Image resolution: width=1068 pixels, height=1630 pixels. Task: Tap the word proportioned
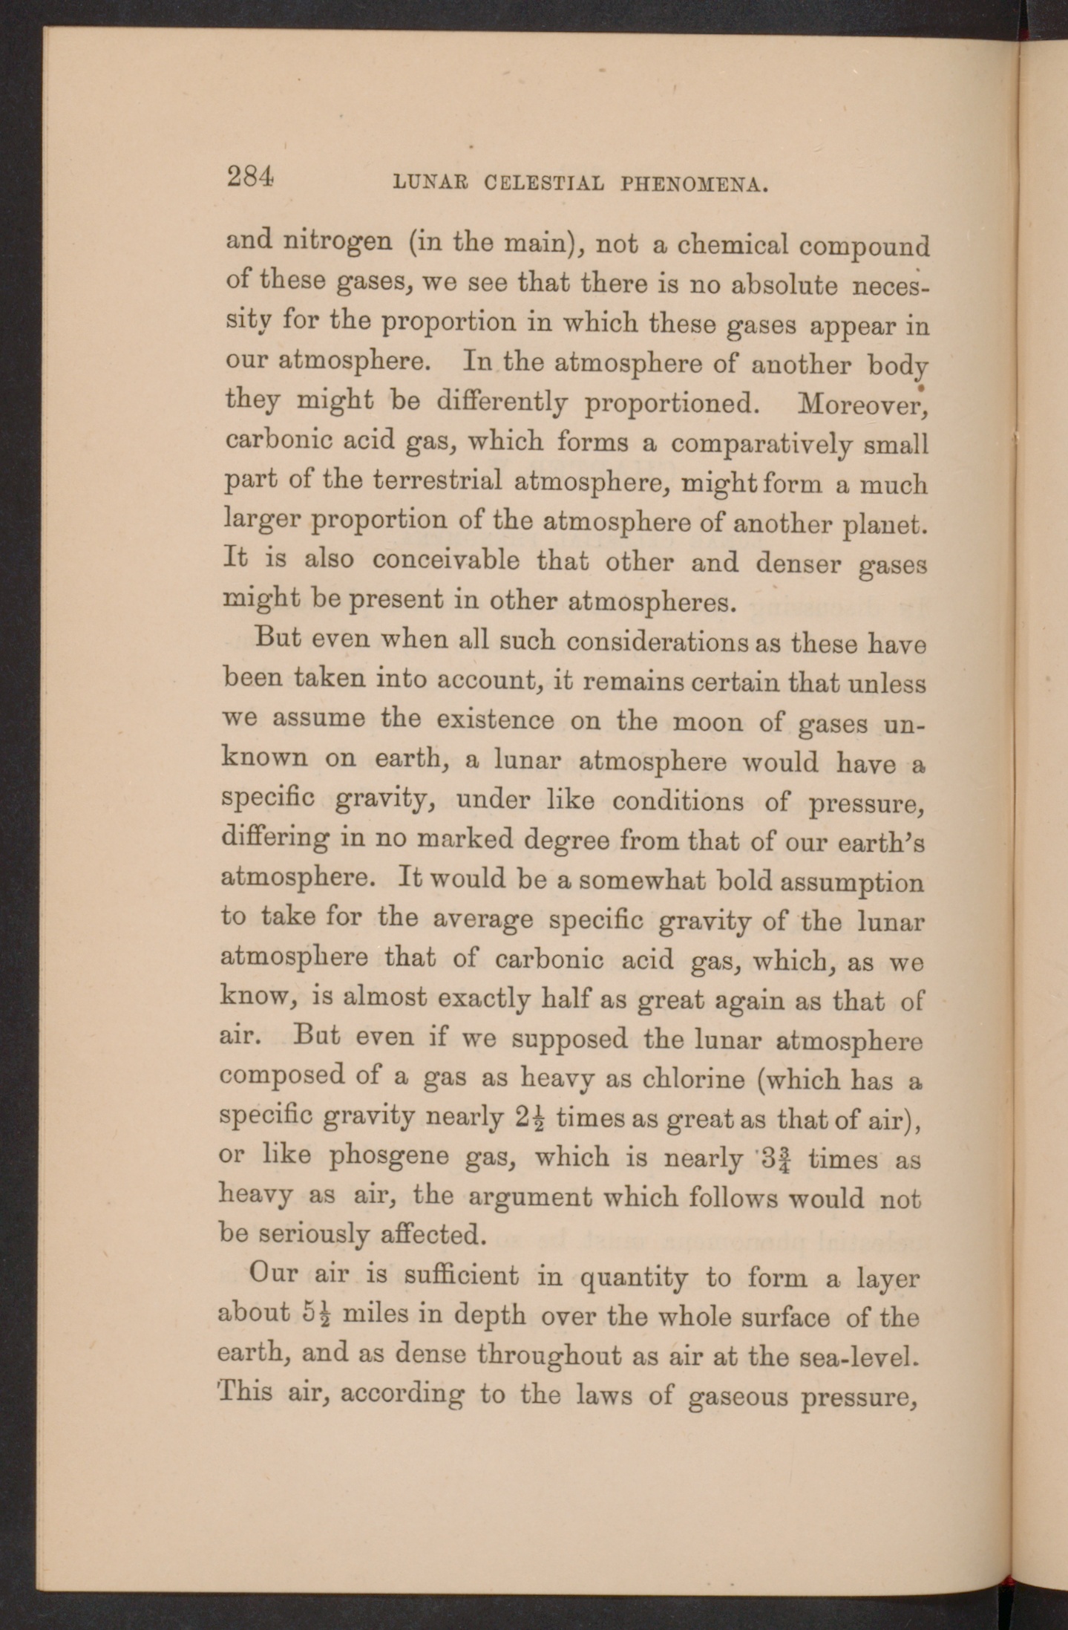point(670,403)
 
